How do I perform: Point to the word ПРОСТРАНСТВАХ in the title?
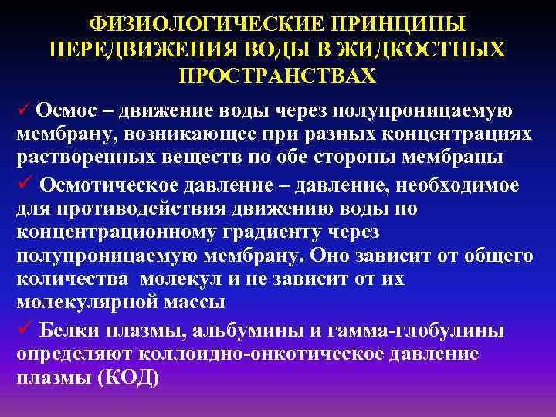click(277, 75)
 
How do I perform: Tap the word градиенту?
click(289, 233)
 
